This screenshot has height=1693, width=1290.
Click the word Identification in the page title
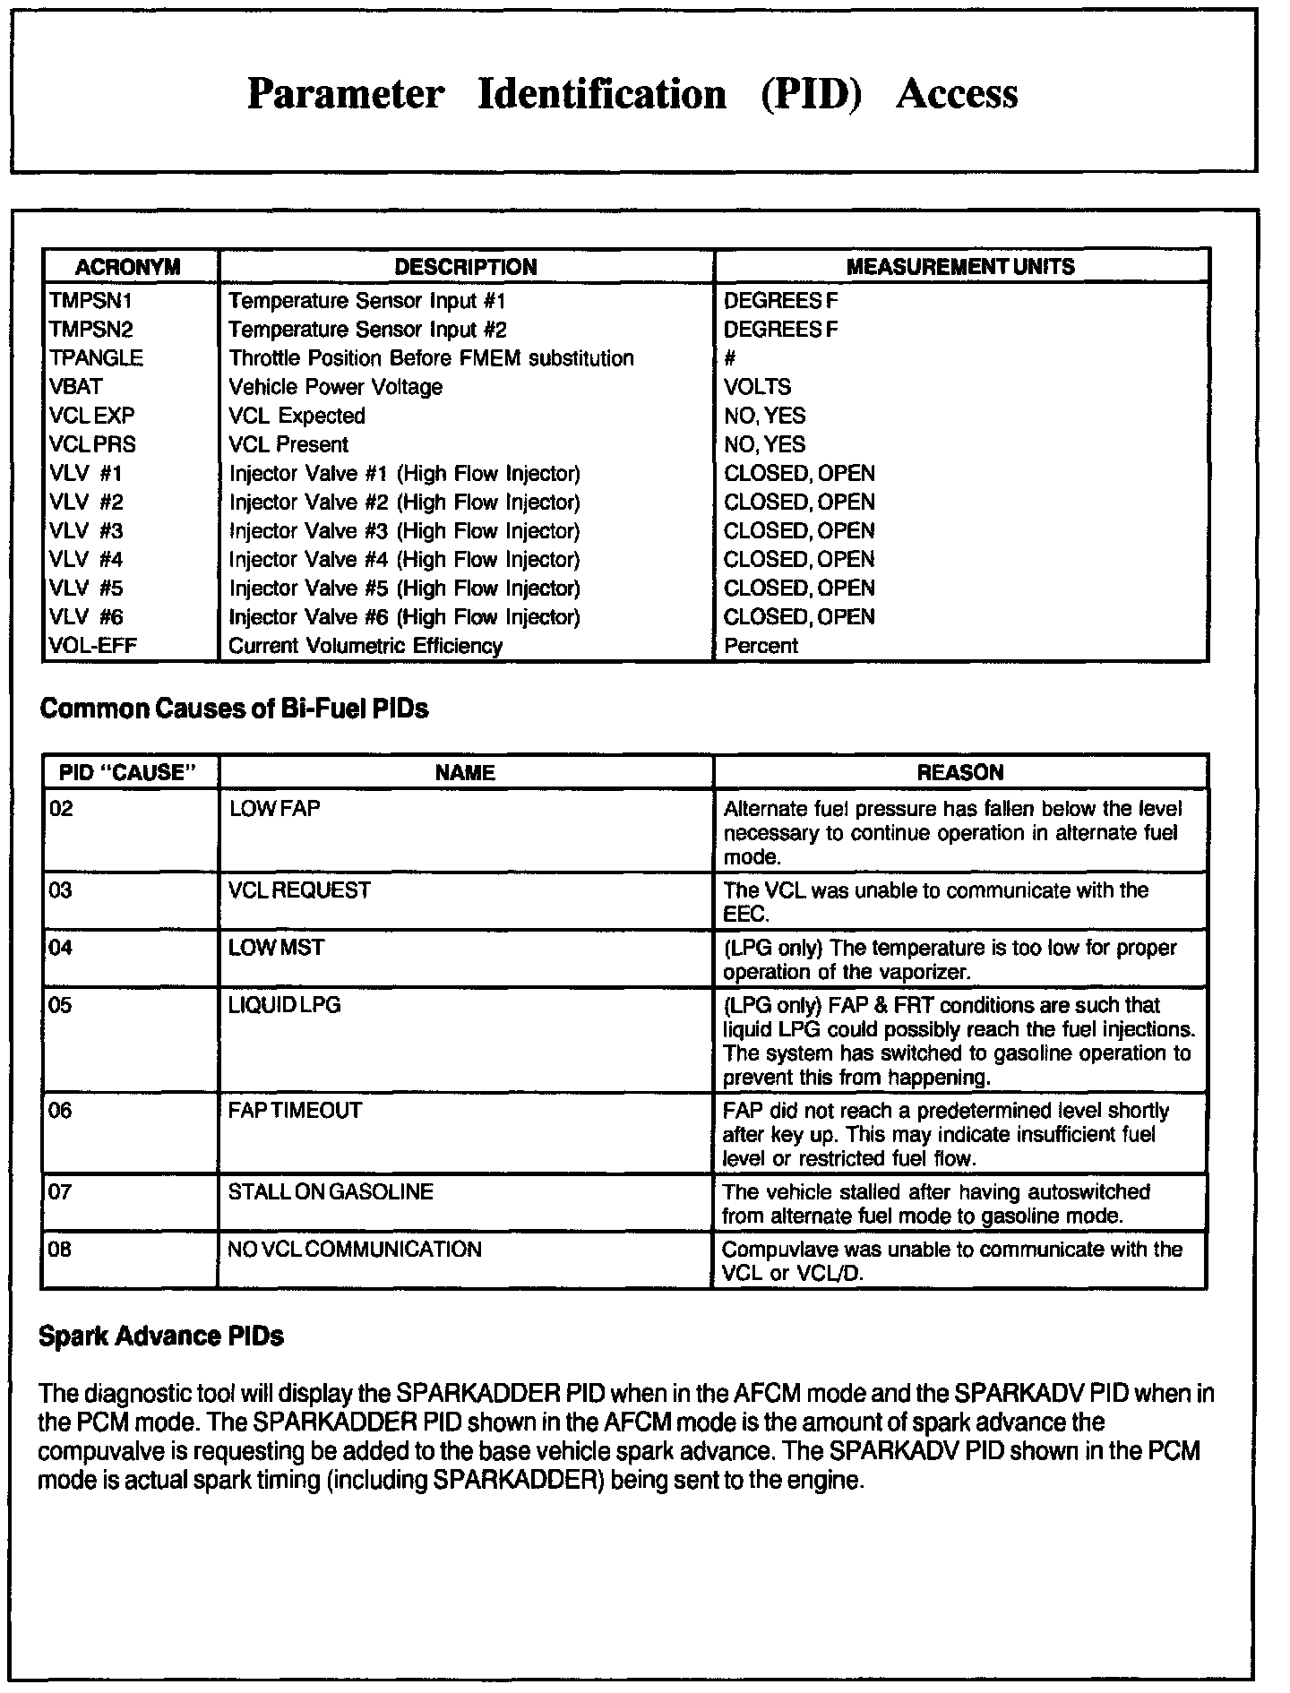pos(602,94)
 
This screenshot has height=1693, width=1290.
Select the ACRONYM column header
pos(128,267)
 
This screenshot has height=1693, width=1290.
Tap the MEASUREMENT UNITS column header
pos(960,267)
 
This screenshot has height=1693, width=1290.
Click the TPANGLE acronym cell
pos(96,358)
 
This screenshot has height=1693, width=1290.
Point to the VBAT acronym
pos(76,387)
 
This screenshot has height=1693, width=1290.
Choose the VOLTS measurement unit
pos(757,387)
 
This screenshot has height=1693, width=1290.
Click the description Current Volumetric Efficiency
pos(365,646)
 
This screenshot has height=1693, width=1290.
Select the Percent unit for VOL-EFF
pos(761,646)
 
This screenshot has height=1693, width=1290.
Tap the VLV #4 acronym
pos(86,560)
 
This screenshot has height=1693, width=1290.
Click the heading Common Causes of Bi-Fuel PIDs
pos(235,709)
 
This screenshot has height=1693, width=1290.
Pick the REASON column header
pos(960,773)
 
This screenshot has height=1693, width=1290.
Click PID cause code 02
pos(62,809)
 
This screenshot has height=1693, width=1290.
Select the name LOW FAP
pos(275,809)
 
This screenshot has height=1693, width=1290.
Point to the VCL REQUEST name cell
pos(299,890)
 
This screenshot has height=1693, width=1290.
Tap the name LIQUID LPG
pos(285,1005)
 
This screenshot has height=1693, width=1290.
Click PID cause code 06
pos(61,1111)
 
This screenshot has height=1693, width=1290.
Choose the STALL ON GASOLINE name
pos(331,1192)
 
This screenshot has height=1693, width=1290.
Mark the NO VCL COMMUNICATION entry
pos(355,1250)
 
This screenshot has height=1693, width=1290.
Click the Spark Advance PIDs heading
pos(161,1336)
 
